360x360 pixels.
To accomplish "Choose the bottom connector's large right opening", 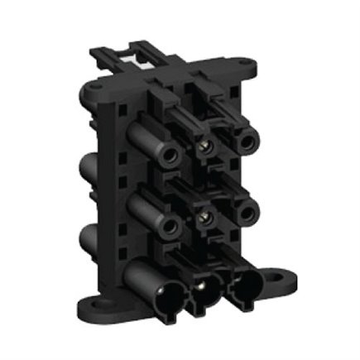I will point(246,286).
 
